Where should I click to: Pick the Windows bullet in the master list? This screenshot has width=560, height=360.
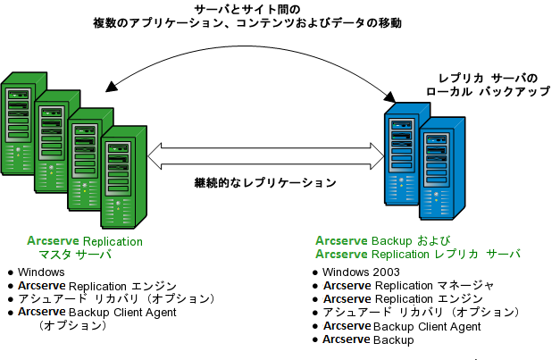click(x=41, y=272)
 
